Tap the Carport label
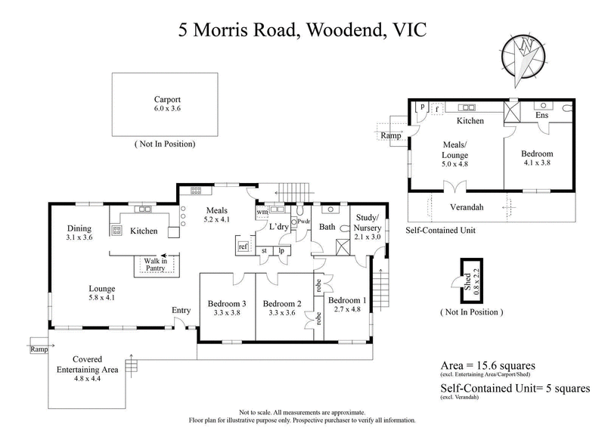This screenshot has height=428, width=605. coord(166,99)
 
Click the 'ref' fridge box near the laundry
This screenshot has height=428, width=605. coord(244,247)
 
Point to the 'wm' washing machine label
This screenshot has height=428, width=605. coord(262,212)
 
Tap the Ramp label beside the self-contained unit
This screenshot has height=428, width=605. coord(390,135)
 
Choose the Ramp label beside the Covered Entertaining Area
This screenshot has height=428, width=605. coord(39,349)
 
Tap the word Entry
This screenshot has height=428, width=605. coord(181,310)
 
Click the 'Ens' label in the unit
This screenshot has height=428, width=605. coord(542,116)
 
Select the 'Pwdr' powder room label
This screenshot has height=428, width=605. coord(304,222)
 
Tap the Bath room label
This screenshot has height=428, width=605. coord(327,226)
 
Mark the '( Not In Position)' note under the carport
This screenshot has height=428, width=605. coord(164,144)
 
